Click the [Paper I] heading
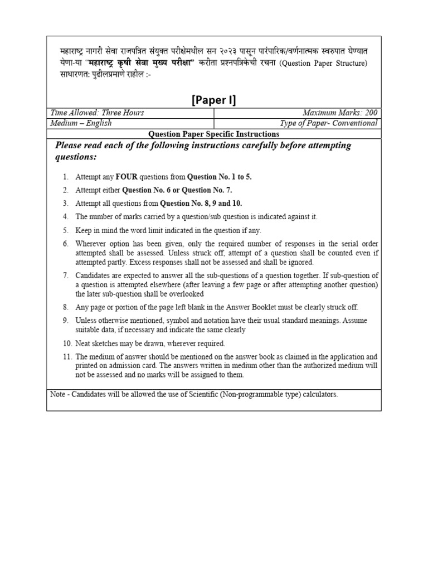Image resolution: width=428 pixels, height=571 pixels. pyautogui.click(x=214, y=100)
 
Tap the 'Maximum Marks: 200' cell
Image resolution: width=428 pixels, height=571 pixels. pyautogui.click(x=340, y=113)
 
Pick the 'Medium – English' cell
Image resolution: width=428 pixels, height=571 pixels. pyautogui.click(x=81, y=123)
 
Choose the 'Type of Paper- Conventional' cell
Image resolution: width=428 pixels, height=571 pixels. pyautogui.click(x=329, y=123)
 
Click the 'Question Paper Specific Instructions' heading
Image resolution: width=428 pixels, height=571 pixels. pyautogui.click(x=214, y=134)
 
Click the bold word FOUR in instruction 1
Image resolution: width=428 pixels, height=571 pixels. pyautogui.click(x=127, y=177)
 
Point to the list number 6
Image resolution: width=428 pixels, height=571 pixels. pyautogui.click(x=65, y=244)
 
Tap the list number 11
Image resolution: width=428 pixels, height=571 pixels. pyautogui.click(x=66, y=356)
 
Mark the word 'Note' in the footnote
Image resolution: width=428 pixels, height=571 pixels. pyautogui.click(x=57, y=394)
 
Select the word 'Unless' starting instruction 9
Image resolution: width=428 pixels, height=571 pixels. pyautogui.click(x=85, y=320)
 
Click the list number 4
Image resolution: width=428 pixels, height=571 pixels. pyautogui.click(x=65, y=217)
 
